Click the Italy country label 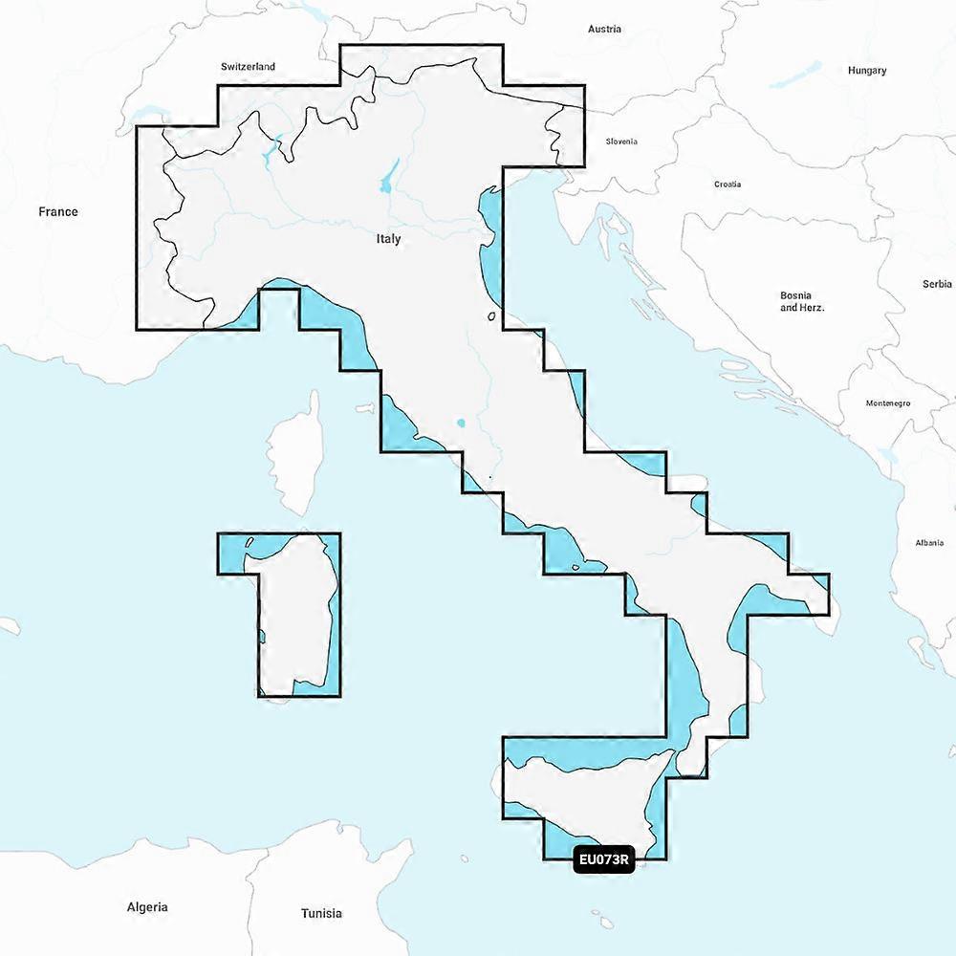tap(388, 239)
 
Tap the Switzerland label tap(248, 67)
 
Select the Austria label tap(604, 29)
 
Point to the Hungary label tap(867, 70)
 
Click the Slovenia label tap(621, 141)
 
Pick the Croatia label tap(728, 185)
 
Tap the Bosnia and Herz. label tap(802, 302)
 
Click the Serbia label tap(937, 284)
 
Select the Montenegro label tap(888, 403)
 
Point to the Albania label tap(929, 542)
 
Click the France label tap(58, 211)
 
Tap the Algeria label tap(147, 906)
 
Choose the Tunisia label tap(321, 913)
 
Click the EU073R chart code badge tap(604, 859)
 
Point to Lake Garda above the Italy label tap(389, 177)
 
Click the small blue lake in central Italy tap(462, 423)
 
